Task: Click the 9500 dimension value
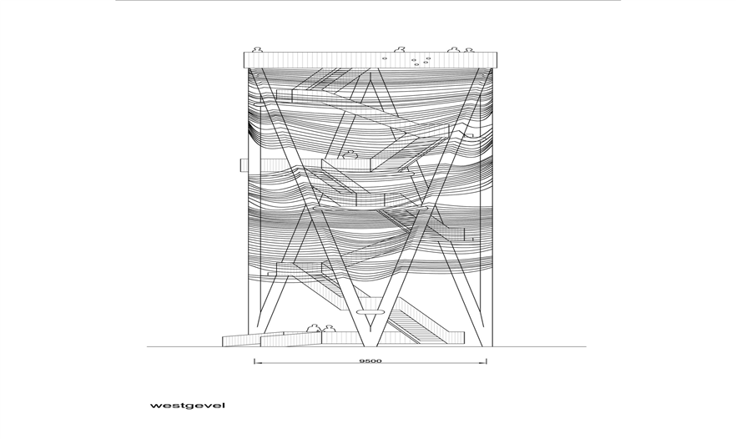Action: point(371,361)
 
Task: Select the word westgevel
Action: point(188,406)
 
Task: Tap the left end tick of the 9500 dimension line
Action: point(255,361)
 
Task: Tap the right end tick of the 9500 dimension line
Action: point(486,361)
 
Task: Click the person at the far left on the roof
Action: point(257,49)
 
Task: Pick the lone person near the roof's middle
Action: point(400,49)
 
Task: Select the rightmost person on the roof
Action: point(467,49)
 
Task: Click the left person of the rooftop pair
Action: point(453,49)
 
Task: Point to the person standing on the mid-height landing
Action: point(350,154)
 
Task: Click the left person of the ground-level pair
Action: point(314,328)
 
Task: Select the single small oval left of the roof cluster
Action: point(385,58)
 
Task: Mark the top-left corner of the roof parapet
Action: point(244,52)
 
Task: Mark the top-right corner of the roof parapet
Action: point(497,52)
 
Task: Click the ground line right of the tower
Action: point(539,346)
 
